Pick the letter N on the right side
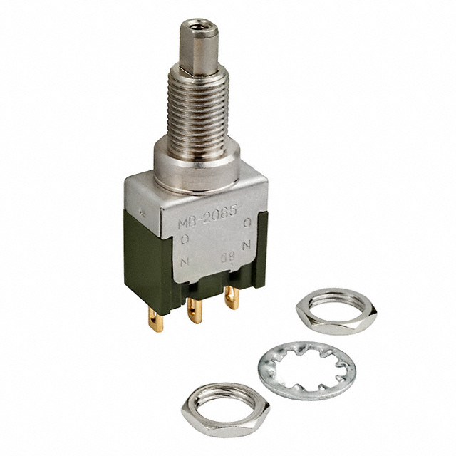(247, 244)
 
